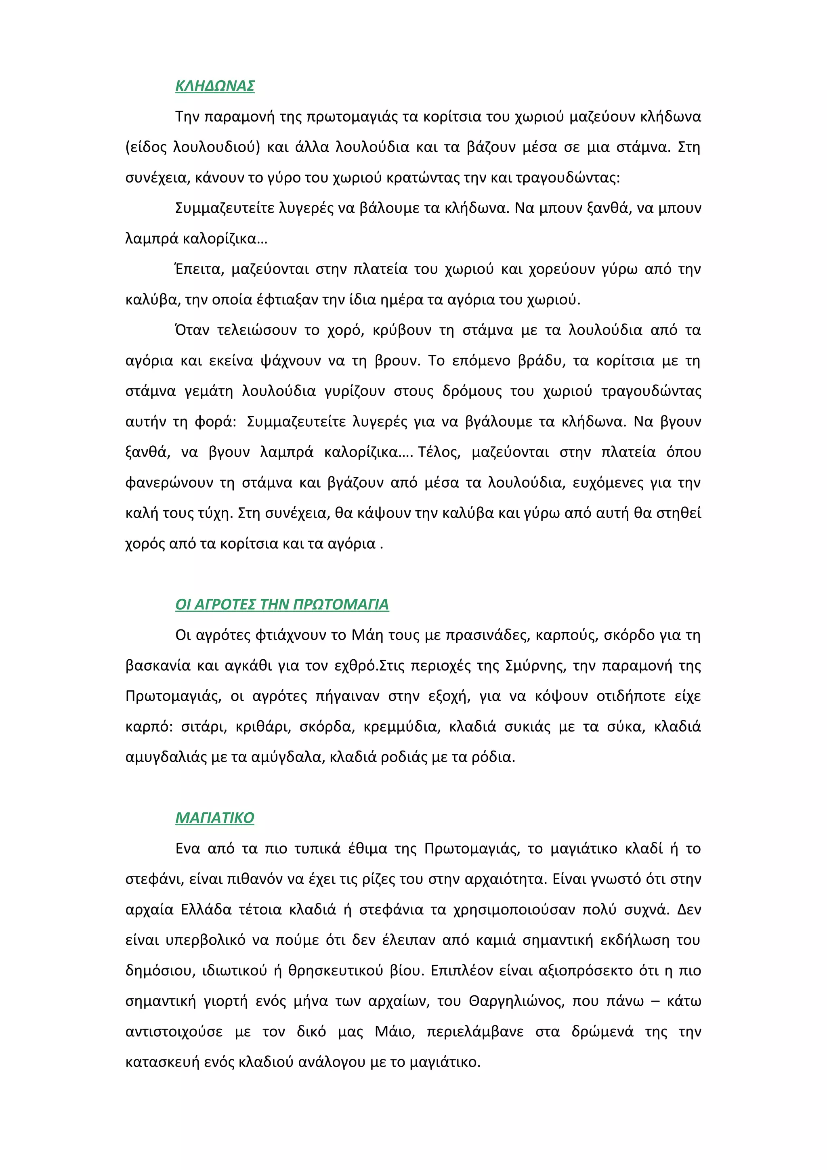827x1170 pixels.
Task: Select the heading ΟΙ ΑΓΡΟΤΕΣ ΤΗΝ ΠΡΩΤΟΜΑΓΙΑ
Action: coord(282,604)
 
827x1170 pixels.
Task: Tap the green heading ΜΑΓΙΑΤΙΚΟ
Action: coord(214,818)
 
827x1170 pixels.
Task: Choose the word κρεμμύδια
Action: coord(401,727)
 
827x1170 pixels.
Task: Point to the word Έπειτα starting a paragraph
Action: coord(199,269)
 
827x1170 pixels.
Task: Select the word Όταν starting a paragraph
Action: coord(192,330)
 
